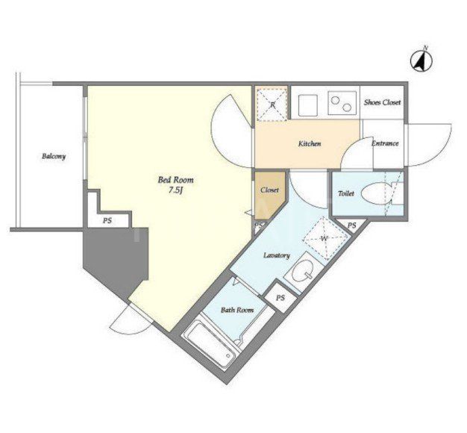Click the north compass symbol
[421, 61]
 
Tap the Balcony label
[54, 156]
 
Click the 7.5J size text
[175, 190]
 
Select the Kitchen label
[310, 143]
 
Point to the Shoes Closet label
[382, 102]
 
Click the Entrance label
[385, 143]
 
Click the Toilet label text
[346, 193]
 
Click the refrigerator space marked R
[272, 104]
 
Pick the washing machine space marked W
[325, 238]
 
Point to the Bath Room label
[237, 310]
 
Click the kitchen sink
[308, 105]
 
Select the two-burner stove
[342, 103]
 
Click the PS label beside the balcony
[107, 221]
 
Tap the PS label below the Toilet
[351, 225]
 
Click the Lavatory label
[277, 255]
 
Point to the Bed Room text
[176, 180]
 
